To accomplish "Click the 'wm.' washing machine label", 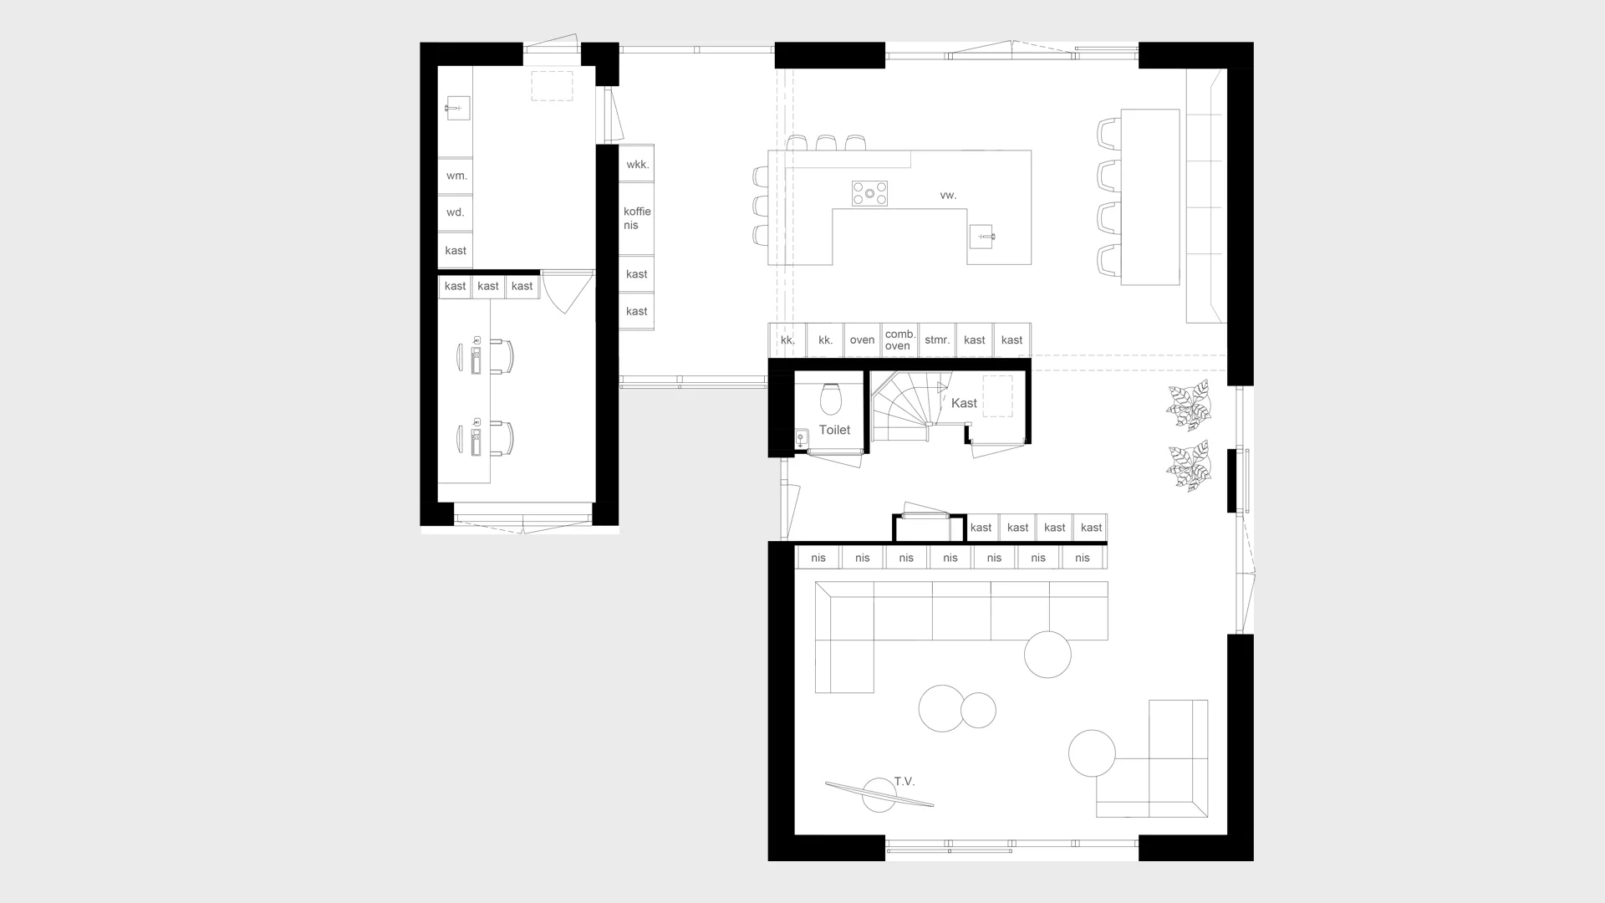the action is pos(456,176).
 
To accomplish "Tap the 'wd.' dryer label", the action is pos(455,212).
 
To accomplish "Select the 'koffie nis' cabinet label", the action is pos(637,218).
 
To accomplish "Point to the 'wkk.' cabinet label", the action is pos(638,165).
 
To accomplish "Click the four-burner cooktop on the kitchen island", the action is pos(869,193).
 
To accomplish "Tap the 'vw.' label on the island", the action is pos(948,195).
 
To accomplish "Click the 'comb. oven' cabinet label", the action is pos(899,339).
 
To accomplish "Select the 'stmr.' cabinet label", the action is pos(937,339).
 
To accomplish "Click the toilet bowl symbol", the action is pos(831,399).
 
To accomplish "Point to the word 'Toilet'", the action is pos(834,430).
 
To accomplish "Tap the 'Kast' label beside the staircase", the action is pos(964,403).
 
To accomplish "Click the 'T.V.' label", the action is pos(904,782).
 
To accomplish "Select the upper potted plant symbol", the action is pos(1189,405).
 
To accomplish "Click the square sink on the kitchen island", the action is pos(982,237).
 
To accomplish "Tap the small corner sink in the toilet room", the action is pos(801,438).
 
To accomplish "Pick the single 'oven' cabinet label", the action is pos(862,340).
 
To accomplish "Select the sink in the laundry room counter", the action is pos(456,108).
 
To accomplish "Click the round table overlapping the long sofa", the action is pos(1047,654).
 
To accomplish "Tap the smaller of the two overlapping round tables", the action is pos(978,711).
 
